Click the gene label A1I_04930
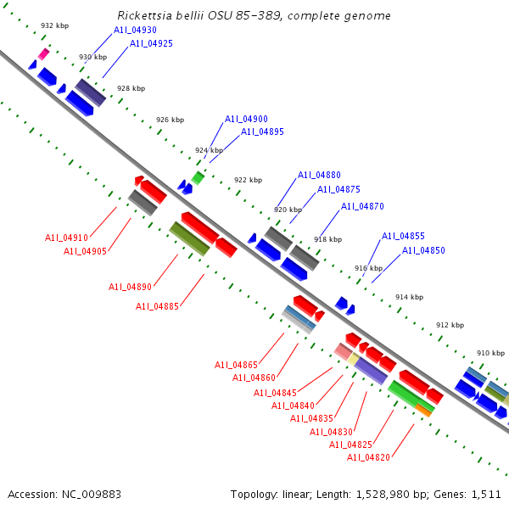click(x=135, y=30)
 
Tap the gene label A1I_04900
click(x=246, y=120)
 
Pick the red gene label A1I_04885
click(x=157, y=306)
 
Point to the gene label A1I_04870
click(x=362, y=206)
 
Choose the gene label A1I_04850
click(x=423, y=250)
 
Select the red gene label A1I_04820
click(x=368, y=457)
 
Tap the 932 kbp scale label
click(x=54, y=26)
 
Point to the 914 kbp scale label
click(x=409, y=297)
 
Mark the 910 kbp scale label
click(x=490, y=352)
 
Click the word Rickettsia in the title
click(x=143, y=15)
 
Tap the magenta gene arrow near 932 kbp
click(x=43, y=54)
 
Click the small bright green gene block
click(x=198, y=177)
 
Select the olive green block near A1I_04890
click(x=189, y=238)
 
